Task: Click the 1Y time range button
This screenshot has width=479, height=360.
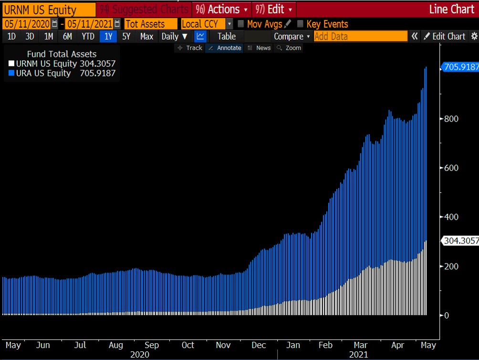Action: point(108,36)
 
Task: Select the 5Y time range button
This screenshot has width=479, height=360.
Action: point(126,36)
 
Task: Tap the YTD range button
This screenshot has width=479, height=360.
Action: point(88,36)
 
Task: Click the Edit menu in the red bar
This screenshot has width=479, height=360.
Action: point(275,9)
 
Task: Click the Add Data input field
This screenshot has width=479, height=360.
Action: point(361,36)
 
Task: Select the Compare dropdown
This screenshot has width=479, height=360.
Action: point(292,36)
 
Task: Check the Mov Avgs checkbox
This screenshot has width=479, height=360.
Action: point(241,24)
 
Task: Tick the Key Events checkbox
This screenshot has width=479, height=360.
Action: point(300,24)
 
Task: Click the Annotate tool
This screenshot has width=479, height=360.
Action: point(225,48)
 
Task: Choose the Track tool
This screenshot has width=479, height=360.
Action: point(190,48)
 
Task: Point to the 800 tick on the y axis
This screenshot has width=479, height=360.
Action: point(451,118)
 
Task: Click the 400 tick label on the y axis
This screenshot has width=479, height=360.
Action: point(451,217)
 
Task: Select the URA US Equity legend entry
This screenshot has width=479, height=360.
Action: point(43,73)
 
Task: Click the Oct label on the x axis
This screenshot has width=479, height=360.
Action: point(188,345)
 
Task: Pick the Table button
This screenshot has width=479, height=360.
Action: point(227,36)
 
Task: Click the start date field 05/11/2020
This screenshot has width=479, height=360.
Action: point(27,24)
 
